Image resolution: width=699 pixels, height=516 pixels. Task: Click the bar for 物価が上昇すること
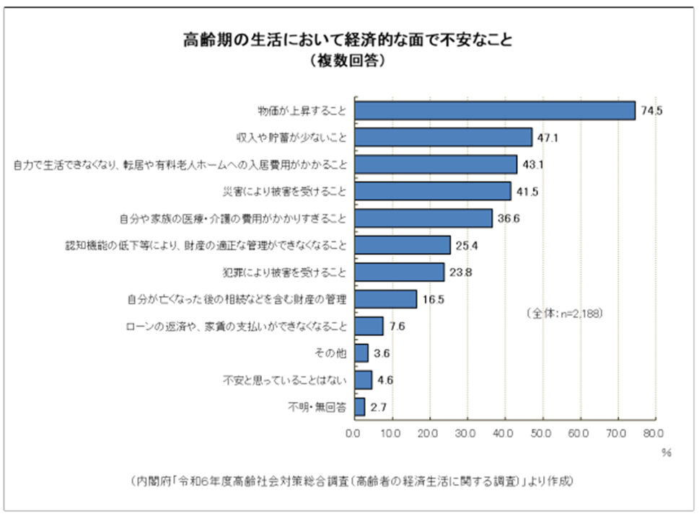click(494, 110)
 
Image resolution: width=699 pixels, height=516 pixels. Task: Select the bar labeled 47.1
click(443, 137)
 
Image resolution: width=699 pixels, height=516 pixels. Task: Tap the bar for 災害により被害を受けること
click(432, 191)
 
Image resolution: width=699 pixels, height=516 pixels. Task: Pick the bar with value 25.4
click(402, 245)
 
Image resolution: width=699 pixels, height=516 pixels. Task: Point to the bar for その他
click(361, 353)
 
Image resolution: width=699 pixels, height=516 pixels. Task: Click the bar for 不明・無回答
click(359, 407)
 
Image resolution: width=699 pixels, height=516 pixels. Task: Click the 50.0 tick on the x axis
click(541, 434)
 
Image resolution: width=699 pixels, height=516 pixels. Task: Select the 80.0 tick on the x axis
click(654, 434)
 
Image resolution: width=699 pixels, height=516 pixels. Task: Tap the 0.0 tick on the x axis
click(353, 434)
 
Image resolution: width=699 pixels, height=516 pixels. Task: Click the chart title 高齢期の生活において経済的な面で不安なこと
click(348, 40)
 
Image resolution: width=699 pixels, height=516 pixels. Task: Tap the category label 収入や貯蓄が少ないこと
click(292, 138)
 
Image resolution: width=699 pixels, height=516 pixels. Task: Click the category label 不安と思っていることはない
click(289, 381)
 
